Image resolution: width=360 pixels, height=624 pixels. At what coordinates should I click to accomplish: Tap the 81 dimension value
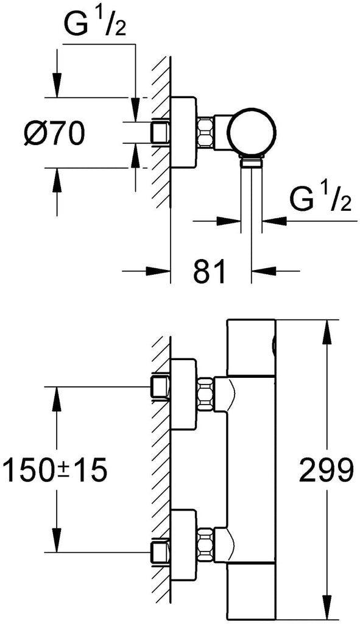[210, 271]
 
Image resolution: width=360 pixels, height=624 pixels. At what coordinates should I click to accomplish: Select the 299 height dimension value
[326, 470]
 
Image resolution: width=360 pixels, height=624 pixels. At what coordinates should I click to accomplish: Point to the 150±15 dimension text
[55, 470]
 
